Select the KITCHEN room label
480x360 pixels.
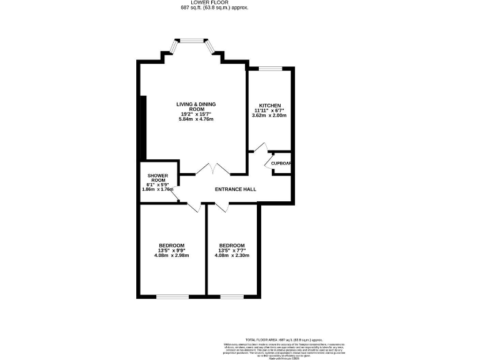[x=269, y=106]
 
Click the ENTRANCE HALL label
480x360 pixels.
[x=235, y=189]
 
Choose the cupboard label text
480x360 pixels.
[x=281, y=164]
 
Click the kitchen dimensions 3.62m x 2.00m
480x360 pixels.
[x=269, y=116]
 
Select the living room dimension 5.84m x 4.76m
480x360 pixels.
[x=197, y=119]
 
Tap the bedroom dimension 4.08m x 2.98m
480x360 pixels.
[x=171, y=255]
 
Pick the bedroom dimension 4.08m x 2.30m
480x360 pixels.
[x=231, y=255]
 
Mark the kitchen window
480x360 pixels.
[x=270, y=67]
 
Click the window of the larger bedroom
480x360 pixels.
[x=172, y=296]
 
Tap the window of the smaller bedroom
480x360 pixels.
[x=231, y=296]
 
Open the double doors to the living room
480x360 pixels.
[x=212, y=169]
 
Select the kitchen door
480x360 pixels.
[x=260, y=149]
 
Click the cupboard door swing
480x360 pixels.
[x=269, y=162]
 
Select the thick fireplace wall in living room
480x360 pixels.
[x=143, y=128]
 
